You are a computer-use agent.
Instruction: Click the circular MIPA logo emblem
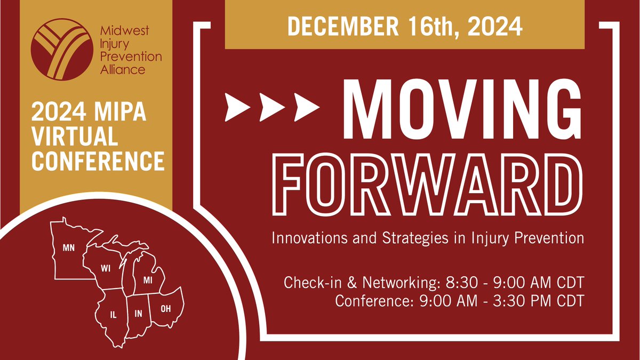click(62, 50)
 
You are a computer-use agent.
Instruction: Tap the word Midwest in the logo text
click(125, 30)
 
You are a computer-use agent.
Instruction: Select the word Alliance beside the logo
click(123, 70)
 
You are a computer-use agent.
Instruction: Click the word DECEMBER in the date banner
click(343, 26)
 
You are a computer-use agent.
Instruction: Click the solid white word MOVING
click(462, 109)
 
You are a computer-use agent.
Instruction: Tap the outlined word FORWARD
click(427, 185)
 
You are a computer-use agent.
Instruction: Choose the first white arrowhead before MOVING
click(237, 107)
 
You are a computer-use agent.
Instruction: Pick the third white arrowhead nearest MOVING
click(307, 107)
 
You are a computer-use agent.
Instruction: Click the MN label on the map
click(69, 247)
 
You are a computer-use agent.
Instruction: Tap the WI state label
click(106, 268)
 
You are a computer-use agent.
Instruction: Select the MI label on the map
click(148, 281)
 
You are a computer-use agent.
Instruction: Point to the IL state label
click(114, 315)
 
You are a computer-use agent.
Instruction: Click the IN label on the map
click(138, 314)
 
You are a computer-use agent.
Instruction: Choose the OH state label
click(166, 309)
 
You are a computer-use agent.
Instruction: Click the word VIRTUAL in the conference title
click(75, 136)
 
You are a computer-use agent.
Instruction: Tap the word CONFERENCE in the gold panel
click(98, 161)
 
